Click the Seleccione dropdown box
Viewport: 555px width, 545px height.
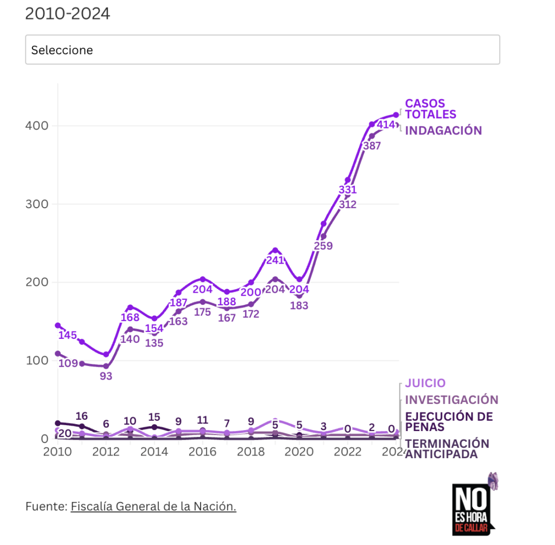[262, 50]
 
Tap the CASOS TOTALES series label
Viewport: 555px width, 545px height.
[430, 109]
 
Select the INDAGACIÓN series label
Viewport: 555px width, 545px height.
[443, 131]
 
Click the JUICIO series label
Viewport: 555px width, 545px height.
[425, 383]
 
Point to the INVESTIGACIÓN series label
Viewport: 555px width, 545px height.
[451, 400]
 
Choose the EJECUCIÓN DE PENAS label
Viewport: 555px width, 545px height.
[449, 421]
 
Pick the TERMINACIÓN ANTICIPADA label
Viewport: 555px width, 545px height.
[447, 449]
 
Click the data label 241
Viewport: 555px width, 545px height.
[275, 260]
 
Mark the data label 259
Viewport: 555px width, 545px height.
[323, 246]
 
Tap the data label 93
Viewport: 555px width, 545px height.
[106, 375]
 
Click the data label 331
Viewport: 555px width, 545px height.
[347, 190]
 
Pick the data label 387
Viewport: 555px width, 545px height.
[372, 145]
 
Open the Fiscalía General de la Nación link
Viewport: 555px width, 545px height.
[153, 506]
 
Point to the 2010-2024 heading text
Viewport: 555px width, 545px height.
[68, 14]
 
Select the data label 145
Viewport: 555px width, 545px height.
[68, 336]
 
